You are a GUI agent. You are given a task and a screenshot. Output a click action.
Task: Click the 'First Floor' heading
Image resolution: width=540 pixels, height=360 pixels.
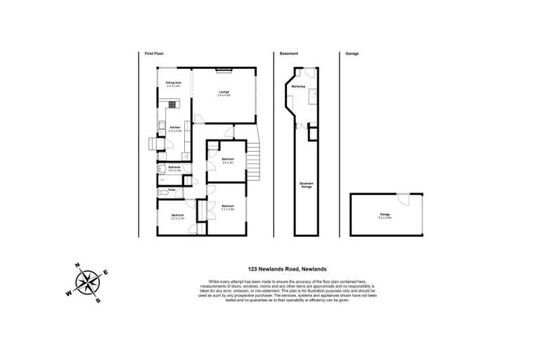[153, 53]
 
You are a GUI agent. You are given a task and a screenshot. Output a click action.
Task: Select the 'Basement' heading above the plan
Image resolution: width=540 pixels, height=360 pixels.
[289, 53]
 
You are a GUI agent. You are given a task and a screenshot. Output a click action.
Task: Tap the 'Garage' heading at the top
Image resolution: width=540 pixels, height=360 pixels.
[352, 53]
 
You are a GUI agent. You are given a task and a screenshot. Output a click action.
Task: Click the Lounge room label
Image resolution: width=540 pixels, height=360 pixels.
[224, 93]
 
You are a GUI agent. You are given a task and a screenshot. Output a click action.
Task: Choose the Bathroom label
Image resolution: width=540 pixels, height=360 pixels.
[174, 168]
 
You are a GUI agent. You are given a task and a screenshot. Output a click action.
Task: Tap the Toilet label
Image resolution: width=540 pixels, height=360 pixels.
[172, 190]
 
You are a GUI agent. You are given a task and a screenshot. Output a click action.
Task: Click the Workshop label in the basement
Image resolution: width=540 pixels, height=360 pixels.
[298, 86]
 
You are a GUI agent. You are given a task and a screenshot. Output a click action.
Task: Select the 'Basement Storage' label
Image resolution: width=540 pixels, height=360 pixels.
[307, 185]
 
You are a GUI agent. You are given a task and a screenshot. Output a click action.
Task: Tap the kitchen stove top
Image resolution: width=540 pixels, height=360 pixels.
[173, 105]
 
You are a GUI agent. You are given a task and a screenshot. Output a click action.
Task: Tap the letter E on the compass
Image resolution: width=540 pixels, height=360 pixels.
[105, 272]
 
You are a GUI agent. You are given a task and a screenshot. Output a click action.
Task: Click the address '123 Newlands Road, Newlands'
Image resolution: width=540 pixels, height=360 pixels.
[288, 268]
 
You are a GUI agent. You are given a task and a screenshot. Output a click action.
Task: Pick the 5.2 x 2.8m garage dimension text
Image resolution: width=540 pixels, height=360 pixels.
[385, 217]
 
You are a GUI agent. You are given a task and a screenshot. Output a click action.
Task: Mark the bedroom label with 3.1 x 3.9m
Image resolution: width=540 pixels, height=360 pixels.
[227, 208]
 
